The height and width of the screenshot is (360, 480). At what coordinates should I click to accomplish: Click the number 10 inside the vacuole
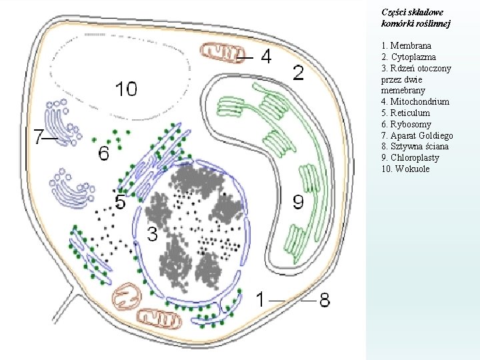point(126,88)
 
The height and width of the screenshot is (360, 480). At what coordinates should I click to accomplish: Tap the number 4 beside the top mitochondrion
point(265,57)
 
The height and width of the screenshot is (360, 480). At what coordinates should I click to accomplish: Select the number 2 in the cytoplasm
point(299,73)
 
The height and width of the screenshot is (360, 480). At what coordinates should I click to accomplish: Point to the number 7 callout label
point(39,137)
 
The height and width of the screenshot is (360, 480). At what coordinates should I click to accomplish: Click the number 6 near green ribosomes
point(103,153)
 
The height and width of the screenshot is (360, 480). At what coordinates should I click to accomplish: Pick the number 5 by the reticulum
point(120,201)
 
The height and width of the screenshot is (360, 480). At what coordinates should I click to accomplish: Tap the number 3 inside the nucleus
point(153,233)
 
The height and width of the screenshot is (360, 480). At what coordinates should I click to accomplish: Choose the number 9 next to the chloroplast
point(298,201)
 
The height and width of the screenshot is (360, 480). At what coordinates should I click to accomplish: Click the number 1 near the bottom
point(261,299)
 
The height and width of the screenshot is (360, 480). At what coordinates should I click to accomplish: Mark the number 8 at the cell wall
point(324,299)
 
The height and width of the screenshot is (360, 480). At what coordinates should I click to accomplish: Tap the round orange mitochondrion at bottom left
point(127,296)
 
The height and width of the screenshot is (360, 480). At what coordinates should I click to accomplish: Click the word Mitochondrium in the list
point(419,101)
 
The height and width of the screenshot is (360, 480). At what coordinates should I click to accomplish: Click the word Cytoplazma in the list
point(411,57)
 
